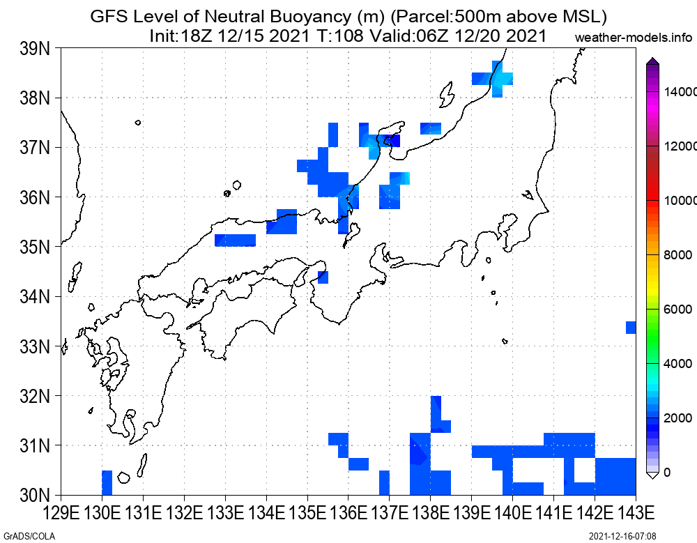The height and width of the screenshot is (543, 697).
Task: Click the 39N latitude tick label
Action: (x=35, y=49)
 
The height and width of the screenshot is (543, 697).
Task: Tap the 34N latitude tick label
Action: (x=35, y=296)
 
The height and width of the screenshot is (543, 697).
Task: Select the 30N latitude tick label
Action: (x=35, y=494)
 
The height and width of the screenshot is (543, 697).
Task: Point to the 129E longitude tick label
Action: (x=61, y=513)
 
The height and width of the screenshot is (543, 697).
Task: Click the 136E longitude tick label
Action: (x=348, y=513)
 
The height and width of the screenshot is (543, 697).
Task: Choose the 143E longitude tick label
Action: (x=636, y=513)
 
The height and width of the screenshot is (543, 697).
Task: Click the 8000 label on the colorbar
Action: (x=678, y=255)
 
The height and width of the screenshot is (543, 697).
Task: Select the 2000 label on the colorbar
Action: (x=678, y=418)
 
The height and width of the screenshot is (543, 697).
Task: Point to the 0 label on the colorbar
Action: (x=667, y=473)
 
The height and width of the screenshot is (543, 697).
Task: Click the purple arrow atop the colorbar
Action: (x=652, y=61)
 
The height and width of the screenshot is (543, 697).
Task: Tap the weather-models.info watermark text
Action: (x=634, y=38)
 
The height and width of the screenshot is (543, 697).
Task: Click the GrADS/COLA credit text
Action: (x=29, y=536)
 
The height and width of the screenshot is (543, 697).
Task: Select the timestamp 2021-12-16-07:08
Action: (x=622, y=536)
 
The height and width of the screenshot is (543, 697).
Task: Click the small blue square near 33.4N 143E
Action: (x=631, y=328)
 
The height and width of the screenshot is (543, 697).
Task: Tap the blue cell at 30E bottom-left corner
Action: (x=107, y=482)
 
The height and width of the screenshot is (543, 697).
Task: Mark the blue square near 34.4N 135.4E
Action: (x=323, y=277)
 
